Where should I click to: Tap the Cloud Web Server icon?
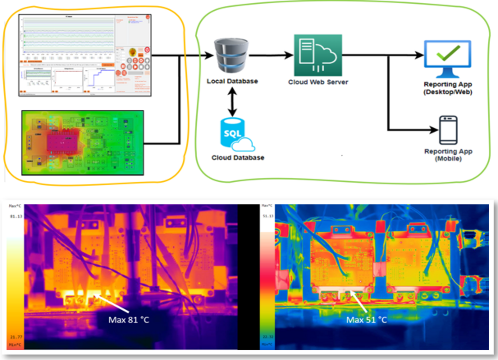(318, 55)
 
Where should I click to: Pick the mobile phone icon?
(448, 130)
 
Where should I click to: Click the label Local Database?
(232, 82)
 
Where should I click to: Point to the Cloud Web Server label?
(318, 82)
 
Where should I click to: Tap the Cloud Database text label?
(238, 158)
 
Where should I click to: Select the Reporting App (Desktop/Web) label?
(448, 88)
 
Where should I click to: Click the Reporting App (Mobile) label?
(448, 155)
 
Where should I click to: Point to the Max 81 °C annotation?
(129, 319)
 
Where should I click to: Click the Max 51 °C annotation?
(367, 319)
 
